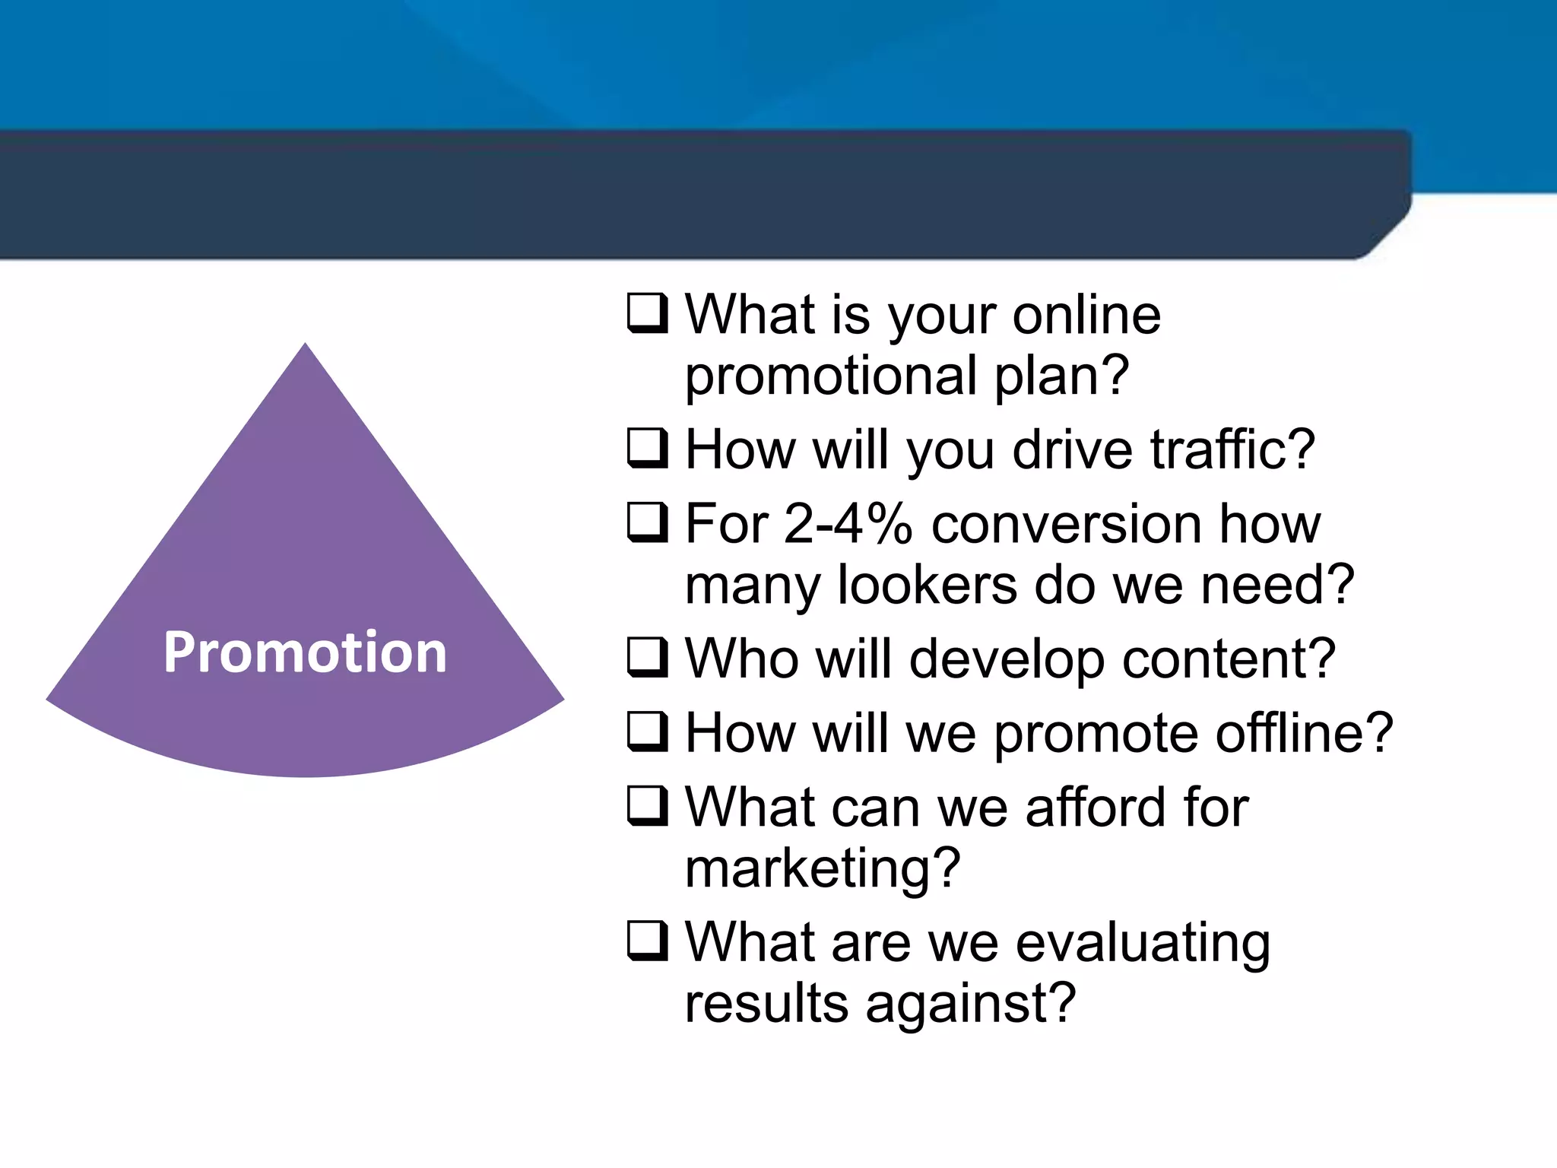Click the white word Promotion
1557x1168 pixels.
coord(305,652)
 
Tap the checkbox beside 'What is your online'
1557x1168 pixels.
coord(647,313)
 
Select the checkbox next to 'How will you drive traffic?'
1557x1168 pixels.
coord(647,448)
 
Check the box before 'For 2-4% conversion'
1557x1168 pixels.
coord(647,522)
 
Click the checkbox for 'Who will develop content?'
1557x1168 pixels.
coord(647,657)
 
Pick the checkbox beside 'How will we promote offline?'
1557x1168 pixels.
coord(647,732)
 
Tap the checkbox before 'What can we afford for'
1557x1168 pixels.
coord(647,806)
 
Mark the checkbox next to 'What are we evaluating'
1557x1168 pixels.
coord(647,941)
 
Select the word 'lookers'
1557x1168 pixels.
coord(926,585)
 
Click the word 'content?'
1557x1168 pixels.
coord(1229,659)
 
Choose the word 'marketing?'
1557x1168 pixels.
coord(823,868)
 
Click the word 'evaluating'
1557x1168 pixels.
coord(1142,943)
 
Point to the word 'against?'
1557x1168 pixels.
coord(970,1003)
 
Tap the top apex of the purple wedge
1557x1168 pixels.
coord(305,347)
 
